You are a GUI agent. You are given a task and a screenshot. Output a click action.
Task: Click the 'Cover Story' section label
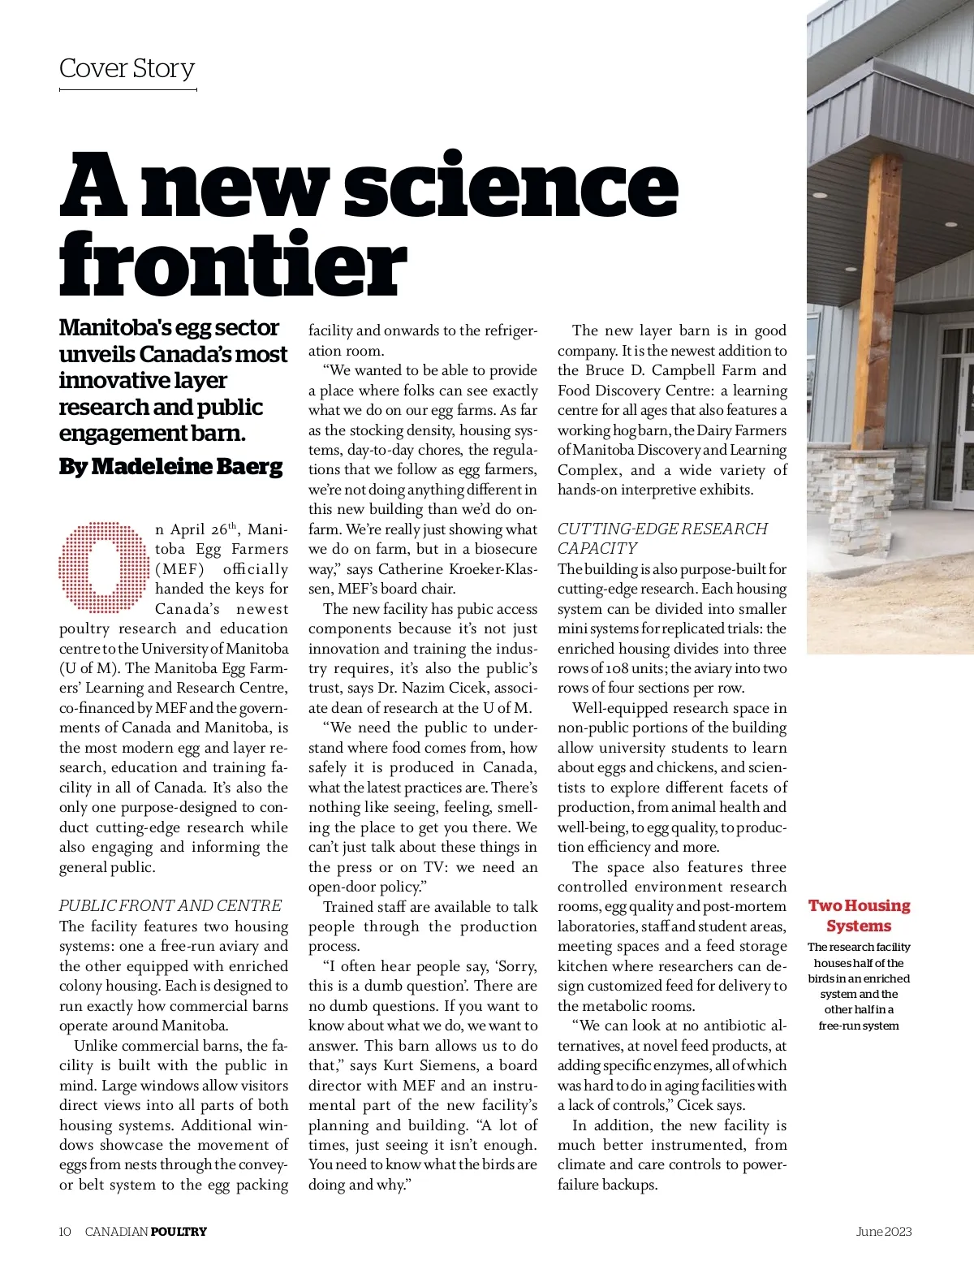tap(127, 68)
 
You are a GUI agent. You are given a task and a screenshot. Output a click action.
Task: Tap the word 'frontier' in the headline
tap(232, 263)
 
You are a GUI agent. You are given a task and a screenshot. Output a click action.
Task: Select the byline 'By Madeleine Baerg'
tap(170, 467)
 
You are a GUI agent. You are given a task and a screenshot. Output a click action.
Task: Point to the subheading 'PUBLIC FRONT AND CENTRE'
tap(170, 905)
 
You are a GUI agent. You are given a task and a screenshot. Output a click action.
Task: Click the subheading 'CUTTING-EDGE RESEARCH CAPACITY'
tap(662, 538)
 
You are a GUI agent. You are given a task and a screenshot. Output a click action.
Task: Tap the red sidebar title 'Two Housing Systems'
tap(859, 915)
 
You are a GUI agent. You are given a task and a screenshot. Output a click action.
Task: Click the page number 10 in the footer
tap(65, 1232)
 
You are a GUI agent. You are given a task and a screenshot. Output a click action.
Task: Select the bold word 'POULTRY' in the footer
tap(179, 1232)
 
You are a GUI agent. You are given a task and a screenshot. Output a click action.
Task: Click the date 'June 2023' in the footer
tap(884, 1232)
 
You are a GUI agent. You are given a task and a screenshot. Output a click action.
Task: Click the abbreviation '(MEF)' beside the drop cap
tap(179, 569)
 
